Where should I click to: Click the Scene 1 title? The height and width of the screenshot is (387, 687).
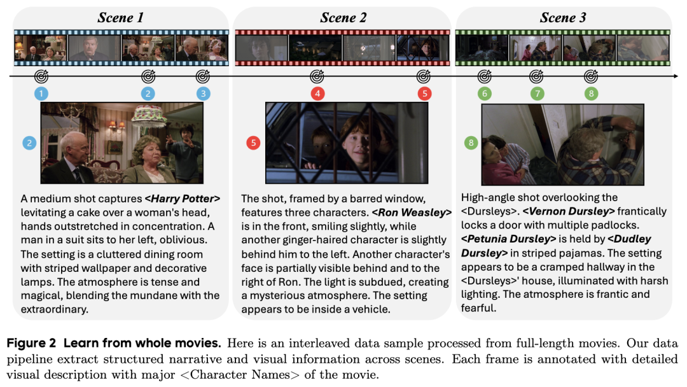pyautogui.click(x=120, y=18)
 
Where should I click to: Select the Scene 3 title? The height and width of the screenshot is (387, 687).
pyautogui.click(x=563, y=18)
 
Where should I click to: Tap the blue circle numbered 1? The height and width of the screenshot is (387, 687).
pyautogui.click(x=41, y=94)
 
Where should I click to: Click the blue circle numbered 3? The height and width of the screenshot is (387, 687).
pyautogui.click(x=203, y=94)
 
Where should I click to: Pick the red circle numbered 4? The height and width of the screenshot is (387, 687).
pyautogui.click(x=317, y=94)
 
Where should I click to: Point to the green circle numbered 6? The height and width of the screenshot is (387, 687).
pyautogui.click(x=485, y=94)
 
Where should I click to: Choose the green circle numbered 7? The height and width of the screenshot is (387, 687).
pyautogui.click(x=537, y=94)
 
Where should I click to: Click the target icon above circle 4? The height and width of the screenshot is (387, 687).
pyautogui.click(x=317, y=76)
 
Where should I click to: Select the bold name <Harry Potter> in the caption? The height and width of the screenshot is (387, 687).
pyautogui.click(x=183, y=199)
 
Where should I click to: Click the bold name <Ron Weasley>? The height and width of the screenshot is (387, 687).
pyautogui.click(x=412, y=213)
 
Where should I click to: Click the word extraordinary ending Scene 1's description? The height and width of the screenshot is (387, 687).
pyautogui.click(x=54, y=309)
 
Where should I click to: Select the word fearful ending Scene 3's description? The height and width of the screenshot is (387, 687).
pyautogui.click(x=478, y=307)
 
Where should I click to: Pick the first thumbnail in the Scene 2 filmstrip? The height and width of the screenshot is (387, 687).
pyautogui.click(x=261, y=48)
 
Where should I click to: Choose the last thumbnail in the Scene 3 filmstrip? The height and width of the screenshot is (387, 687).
pyautogui.click(x=642, y=48)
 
